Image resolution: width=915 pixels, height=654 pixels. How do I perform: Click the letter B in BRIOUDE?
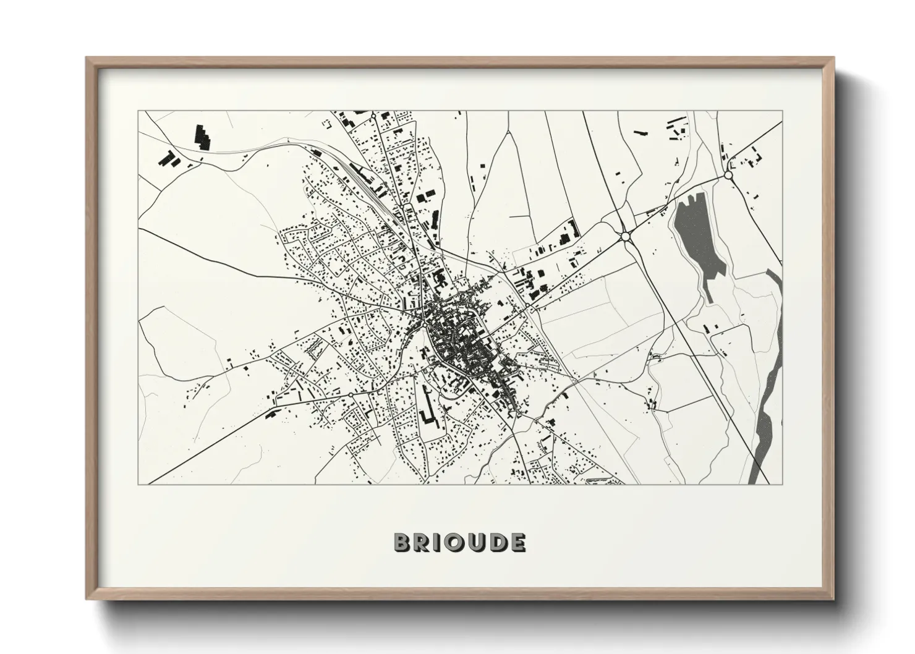pyautogui.click(x=402, y=543)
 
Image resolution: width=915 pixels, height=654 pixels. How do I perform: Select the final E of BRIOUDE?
pyautogui.click(x=517, y=543)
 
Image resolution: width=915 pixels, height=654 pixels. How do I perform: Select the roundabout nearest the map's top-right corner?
pyautogui.click(x=728, y=176)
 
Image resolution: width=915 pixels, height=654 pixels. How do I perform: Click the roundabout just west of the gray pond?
pyautogui.click(x=625, y=236)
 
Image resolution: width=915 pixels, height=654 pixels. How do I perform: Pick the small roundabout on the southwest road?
pyautogui.click(x=351, y=394)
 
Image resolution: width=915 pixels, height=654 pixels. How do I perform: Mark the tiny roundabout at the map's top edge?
pyautogui.click(x=374, y=115)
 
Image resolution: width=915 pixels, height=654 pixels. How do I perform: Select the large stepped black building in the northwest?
pyautogui.click(x=202, y=137)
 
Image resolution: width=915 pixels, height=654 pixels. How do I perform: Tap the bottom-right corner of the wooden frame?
pyautogui.click(x=834, y=599)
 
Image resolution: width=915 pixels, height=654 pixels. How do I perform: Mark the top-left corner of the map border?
pyautogui.click(x=138, y=111)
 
